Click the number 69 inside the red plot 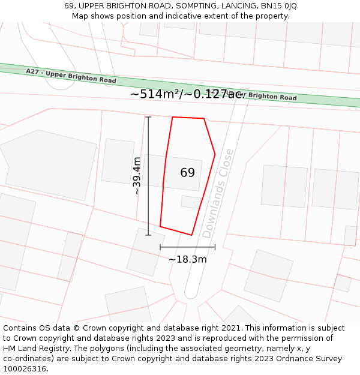tap(187, 173)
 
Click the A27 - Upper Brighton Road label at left tap(71, 76)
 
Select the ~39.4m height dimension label tap(137, 176)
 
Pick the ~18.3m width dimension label tap(187, 259)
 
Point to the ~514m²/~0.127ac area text tap(187, 94)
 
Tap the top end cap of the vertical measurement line tap(148, 117)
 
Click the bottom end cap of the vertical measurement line tap(148, 235)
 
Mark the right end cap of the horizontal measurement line tap(215, 247)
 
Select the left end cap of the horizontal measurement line tap(160, 247)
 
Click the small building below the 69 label tap(191, 202)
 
